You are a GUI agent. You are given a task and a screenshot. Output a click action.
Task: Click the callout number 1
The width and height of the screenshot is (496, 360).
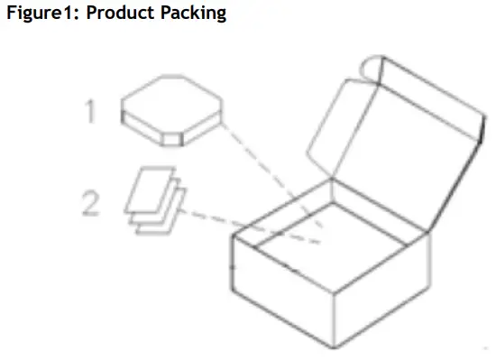click(90, 111)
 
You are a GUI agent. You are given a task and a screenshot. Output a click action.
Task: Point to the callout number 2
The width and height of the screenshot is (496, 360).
click(90, 204)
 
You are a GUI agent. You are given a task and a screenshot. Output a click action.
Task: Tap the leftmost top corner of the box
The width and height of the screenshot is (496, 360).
click(233, 236)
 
